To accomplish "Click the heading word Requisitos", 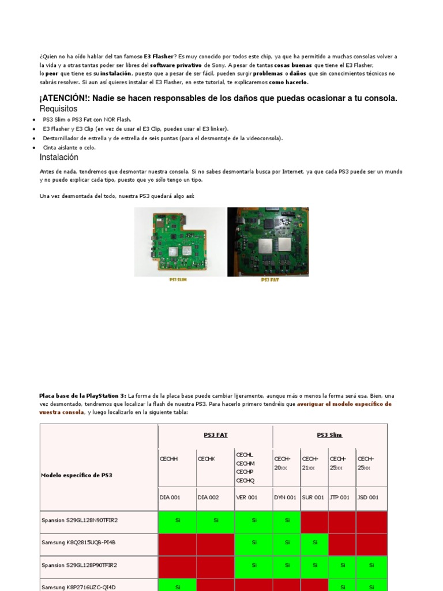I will click(x=58, y=109).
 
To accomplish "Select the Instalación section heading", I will click(x=59, y=158).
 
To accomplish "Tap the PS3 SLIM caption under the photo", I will click(x=178, y=280).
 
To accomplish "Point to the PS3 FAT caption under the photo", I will click(x=269, y=280).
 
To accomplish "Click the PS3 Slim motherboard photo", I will click(x=180, y=241).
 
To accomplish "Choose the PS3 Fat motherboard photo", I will click(x=268, y=241).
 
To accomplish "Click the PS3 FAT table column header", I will click(x=215, y=435).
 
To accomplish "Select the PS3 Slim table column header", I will click(x=329, y=435).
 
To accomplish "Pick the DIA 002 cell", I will click(x=209, y=498).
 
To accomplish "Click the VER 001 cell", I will click(x=247, y=498).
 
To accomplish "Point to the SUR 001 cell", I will click(x=313, y=498).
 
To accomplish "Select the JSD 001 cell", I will click(x=368, y=498).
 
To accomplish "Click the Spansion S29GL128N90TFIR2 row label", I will click(x=80, y=520).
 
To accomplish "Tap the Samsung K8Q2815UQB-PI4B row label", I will click(x=78, y=543).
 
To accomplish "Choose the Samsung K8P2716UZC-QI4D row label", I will click(x=78, y=587).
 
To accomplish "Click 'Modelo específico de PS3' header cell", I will click(x=77, y=475).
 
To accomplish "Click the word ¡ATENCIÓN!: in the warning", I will click(x=65, y=98).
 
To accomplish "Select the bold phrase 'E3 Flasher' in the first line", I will click(x=158, y=57).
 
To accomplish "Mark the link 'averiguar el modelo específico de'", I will click(x=344, y=405).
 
